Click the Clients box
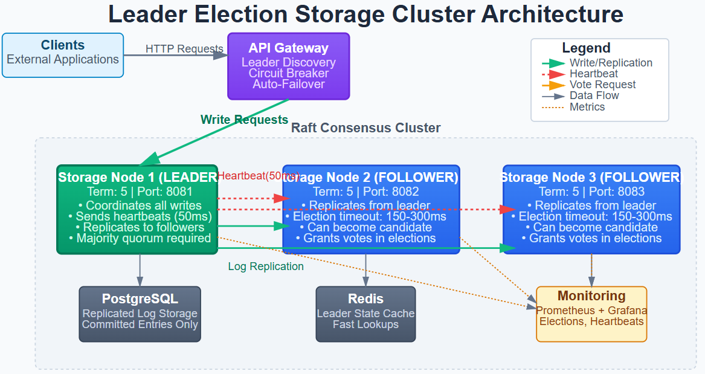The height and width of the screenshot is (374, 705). coord(63,55)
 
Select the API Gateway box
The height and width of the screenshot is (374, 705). coord(289,66)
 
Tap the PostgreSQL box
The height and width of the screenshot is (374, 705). coord(140,314)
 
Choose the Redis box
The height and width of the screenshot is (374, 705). coord(365,314)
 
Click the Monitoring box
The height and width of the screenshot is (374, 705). coord(591,314)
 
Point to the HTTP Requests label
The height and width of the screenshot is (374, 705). coord(184,49)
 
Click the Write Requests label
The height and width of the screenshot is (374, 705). coord(244,120)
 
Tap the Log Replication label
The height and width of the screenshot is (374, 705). coord(266,266)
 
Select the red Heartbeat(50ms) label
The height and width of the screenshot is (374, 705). coord(259,176)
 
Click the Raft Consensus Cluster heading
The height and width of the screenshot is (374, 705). coord(365,128)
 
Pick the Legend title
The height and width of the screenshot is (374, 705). coord(586,48)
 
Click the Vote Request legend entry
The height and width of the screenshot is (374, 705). coord(602,85)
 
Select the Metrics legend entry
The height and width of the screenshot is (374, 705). coord(587,107)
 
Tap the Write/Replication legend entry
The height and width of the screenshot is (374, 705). coord(611,63)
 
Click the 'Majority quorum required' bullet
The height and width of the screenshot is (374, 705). coord(140,238)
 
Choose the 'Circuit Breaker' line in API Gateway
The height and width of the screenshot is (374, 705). coord(289,73)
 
